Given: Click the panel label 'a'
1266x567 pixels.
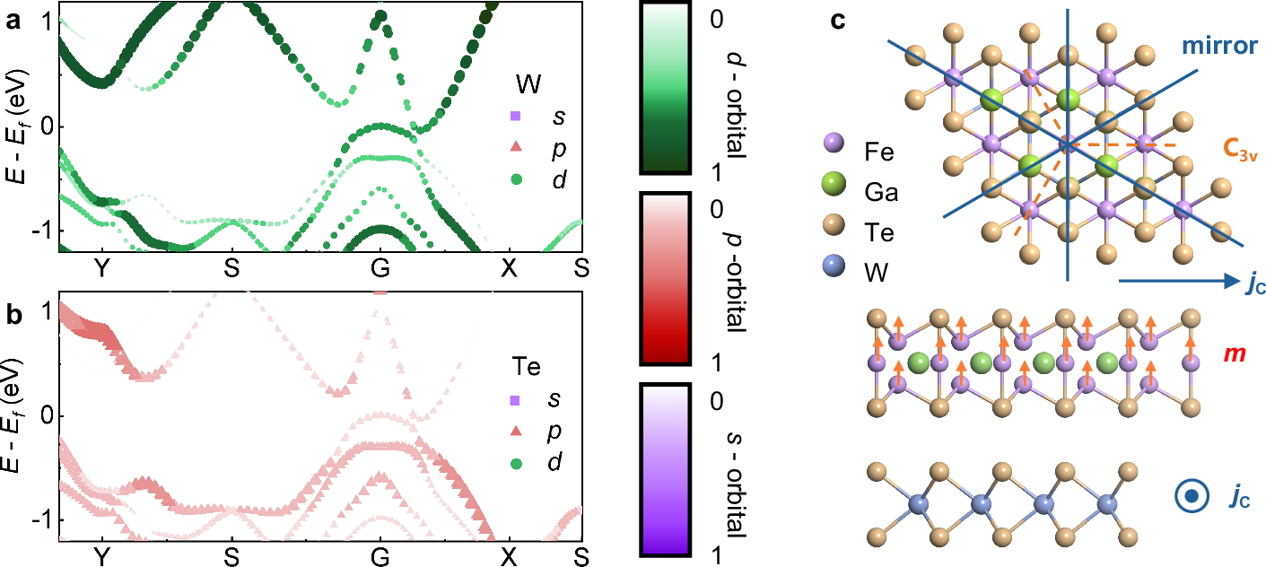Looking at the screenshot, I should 12,23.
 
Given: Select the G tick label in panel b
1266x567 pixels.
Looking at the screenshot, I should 380,557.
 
